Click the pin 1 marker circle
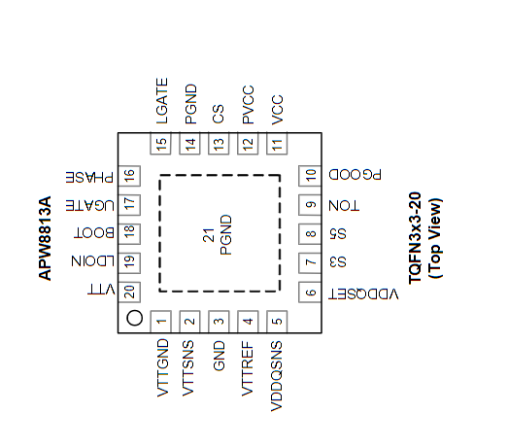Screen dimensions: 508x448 point(134,318)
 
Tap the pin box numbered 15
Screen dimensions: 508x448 point(160,143)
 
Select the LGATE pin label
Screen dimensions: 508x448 point(162,101)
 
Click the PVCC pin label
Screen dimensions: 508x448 point(248,105)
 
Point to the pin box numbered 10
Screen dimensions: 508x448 point(310,176)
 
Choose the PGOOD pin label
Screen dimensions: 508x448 point(355,174)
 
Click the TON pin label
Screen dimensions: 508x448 point(344,205)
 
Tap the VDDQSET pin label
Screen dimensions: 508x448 point(363,294)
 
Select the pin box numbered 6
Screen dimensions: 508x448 point(310,293)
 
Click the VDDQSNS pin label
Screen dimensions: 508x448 point(277,376)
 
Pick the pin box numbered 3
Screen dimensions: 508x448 point(219,322)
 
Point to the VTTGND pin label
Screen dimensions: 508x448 point(162,368)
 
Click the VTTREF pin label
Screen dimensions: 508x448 point(248,368)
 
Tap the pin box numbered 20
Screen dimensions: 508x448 point(129,292)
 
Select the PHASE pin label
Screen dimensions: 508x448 point(89,177)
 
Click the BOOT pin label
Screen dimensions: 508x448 point(94,233)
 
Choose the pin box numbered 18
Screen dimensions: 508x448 point(129,234)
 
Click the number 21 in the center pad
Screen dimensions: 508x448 point(209,235)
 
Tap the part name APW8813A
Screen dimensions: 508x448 point(45,238)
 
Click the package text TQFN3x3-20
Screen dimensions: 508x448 point(415,238)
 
